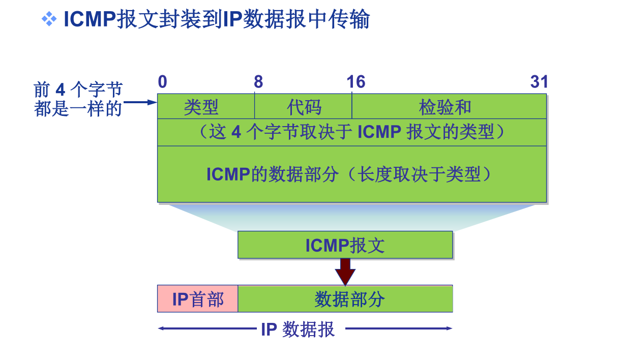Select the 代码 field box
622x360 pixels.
click(303, 107)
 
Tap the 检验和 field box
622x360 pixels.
click(449, 107)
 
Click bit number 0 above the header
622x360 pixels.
click(162, 82)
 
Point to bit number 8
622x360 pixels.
click(258, 82)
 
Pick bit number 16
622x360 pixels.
click(356, 82)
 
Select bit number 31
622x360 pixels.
click(539, 82)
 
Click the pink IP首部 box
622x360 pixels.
click(197, 299)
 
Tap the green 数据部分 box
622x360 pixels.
click(345, 299)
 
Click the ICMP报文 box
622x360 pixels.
click(345, 245)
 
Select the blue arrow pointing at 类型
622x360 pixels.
click(140, 102)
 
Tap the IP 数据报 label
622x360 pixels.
click(298, 329)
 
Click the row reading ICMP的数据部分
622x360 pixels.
click(351, 174)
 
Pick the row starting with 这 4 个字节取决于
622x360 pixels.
click(351, 132)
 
